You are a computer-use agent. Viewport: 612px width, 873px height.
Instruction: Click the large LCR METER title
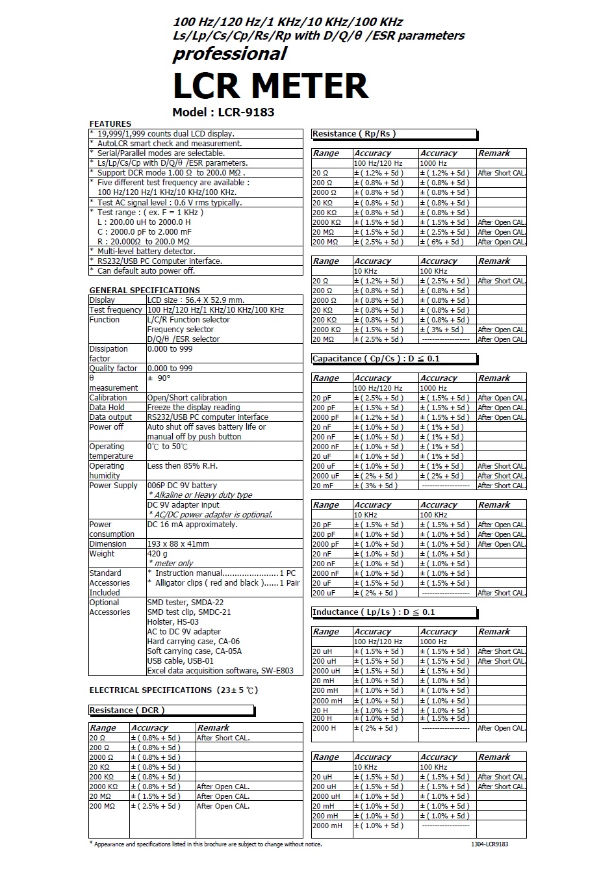270,85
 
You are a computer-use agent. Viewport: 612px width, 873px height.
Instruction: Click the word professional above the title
229,54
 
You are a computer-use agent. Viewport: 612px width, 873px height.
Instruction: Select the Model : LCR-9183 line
223,112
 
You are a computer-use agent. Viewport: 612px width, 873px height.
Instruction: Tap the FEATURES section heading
110,124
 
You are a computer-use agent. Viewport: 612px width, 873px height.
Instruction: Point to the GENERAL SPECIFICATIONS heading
144,290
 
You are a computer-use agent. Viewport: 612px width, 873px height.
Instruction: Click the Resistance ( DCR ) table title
127,710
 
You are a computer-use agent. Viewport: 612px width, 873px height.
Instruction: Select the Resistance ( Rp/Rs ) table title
354,134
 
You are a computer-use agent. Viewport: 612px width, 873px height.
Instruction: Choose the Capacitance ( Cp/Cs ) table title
376,358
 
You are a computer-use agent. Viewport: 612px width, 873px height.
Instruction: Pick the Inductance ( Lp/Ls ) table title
374,612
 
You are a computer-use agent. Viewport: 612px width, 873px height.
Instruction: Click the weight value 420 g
157,554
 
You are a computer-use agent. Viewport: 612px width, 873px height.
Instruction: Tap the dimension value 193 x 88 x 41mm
178,544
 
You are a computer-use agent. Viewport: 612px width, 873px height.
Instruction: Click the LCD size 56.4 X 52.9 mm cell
196,300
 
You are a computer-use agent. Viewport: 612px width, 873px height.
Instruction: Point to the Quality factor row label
114,369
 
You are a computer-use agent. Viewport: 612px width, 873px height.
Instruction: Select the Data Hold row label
107,408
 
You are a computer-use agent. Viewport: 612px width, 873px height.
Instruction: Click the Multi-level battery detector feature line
146,251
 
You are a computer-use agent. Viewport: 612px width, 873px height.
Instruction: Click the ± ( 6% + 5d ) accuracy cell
442,242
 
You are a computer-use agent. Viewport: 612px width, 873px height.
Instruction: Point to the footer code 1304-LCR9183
490,844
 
